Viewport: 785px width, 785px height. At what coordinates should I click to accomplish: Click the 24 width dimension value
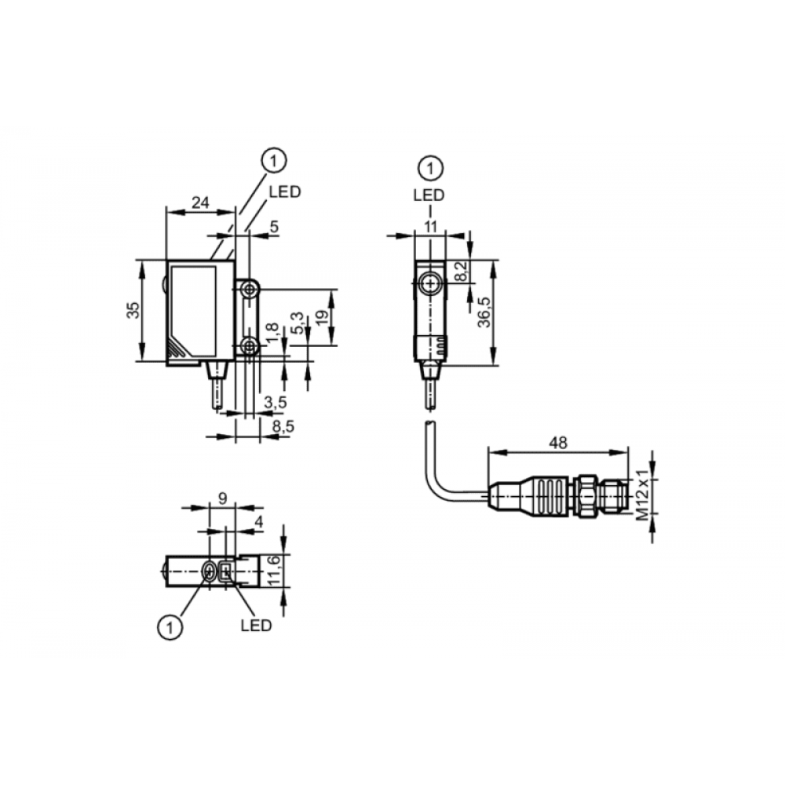point(200,203)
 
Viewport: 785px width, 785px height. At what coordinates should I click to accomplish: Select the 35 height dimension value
point(133,310)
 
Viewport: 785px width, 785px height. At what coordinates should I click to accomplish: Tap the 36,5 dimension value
point(484,312)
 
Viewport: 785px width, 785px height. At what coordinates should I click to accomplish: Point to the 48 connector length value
point(558,443)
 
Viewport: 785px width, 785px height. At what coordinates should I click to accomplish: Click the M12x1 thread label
point(642,495)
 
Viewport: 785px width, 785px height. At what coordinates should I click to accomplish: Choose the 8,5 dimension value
point(283,426)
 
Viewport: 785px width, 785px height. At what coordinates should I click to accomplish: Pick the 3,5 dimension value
point(276,402)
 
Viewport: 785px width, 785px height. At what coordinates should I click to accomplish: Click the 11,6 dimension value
point(273,570)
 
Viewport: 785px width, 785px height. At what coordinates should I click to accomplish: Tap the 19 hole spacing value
point(323,317)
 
